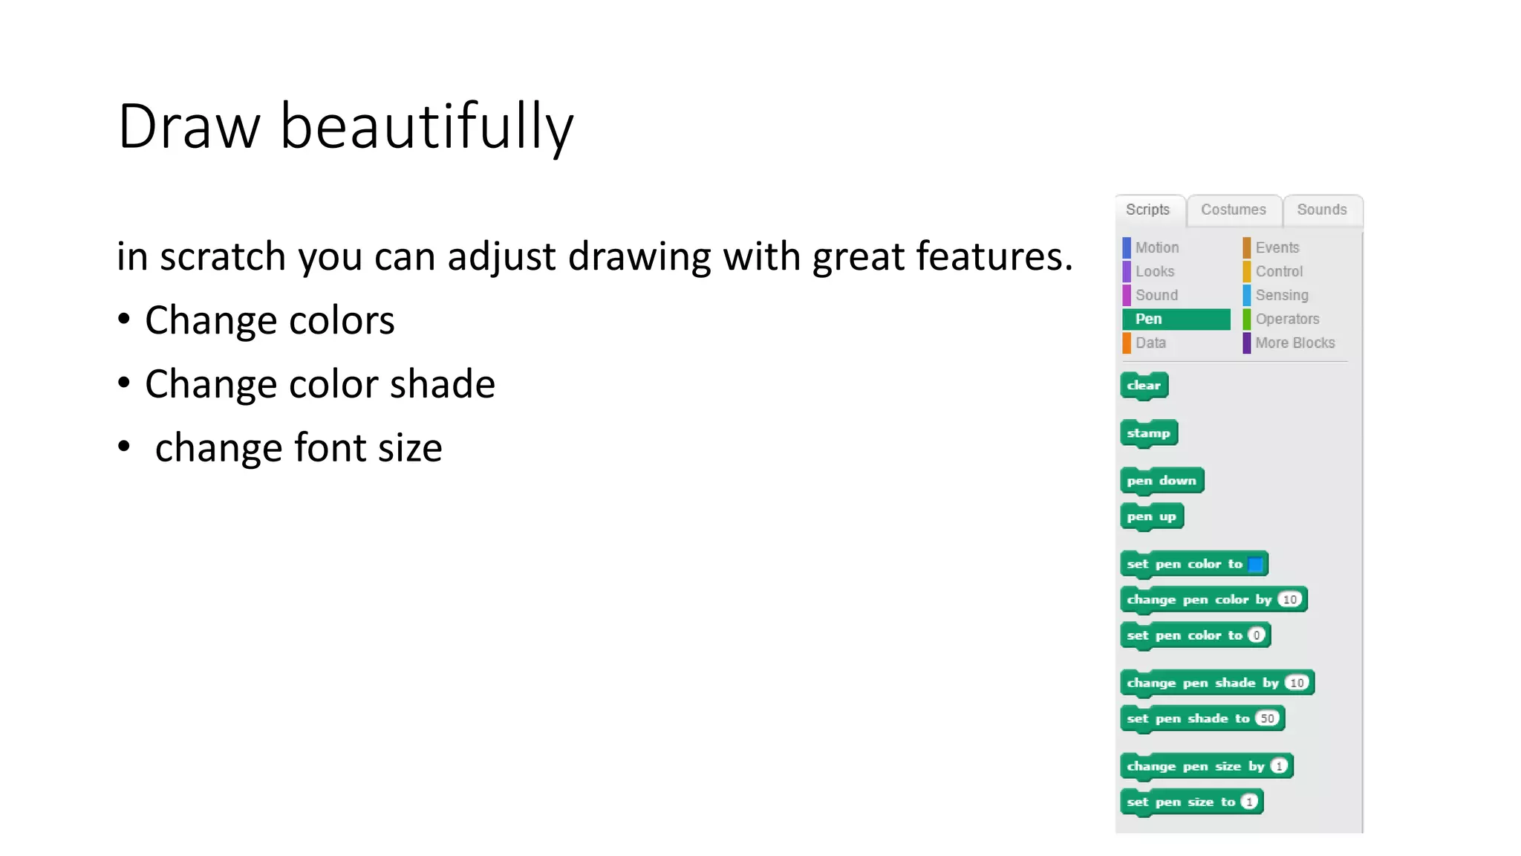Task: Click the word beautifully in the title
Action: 426,127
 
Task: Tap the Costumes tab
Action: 1233,210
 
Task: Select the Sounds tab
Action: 1321,210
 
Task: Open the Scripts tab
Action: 1147,210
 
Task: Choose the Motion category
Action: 1156,247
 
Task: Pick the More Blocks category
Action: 1294,343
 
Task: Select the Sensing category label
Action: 1282,295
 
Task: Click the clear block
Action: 1144,385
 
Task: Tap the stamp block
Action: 1148,433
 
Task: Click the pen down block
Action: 1162,481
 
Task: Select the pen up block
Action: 1151,516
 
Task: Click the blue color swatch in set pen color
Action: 1256,564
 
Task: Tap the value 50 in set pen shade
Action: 1267,719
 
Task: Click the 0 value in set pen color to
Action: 1257,635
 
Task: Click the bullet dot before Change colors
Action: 124,320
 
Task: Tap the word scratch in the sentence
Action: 222,257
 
